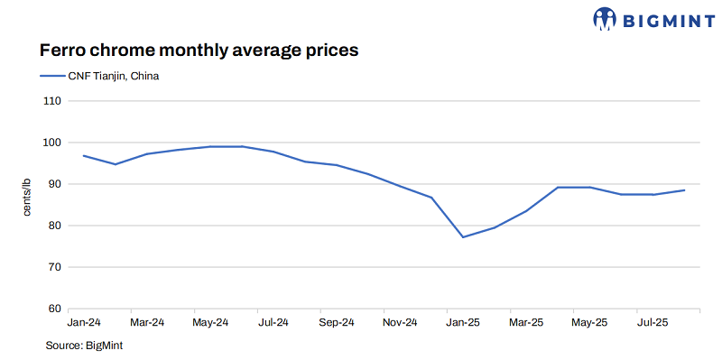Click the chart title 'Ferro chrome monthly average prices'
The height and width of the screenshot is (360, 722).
coord(199,50)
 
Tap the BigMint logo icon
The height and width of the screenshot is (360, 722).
coord(605,18)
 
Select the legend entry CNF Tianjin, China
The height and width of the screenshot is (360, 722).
coord(99,76)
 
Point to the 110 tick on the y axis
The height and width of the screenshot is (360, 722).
coord(51,101)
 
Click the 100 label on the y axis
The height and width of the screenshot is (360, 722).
coord(51,143)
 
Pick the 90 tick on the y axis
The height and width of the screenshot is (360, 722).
coord(53,184)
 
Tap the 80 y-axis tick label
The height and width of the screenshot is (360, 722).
coord(53,226)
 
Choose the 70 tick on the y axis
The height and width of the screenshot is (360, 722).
coord(53,267)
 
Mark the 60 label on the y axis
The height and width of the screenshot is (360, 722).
coord(53,309)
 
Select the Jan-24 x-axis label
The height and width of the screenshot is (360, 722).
coord(84,322)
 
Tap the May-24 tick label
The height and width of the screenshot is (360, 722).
coord(210,322)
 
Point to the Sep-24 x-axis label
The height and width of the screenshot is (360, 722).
coord(337,322)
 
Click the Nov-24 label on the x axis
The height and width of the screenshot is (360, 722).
coord(400,322)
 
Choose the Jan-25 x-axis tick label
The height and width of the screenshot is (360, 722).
coord(463,322)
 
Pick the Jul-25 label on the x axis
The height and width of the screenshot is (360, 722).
coord(653,322)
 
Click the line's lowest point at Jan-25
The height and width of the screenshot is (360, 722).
coord(463,237)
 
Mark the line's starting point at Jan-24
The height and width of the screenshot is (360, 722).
coord(84,156)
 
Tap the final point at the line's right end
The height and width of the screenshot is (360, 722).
coord(684,190)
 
